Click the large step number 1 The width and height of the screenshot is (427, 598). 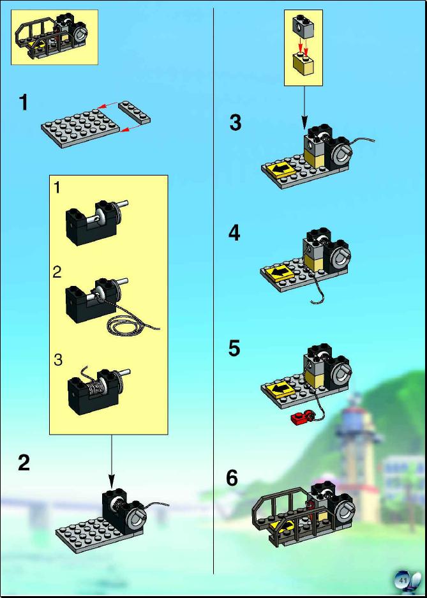[24, 103]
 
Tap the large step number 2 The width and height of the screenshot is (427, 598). [24, 463]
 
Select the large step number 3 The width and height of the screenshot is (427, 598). [236, 123]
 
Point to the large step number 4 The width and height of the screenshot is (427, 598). [234, 234]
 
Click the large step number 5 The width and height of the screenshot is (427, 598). [234, 348]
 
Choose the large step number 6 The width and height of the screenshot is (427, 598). [232, 478]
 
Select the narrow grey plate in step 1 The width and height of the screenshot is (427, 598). [134, 112]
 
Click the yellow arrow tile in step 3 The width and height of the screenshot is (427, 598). [281, 169]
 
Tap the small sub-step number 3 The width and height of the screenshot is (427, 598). [58, 360]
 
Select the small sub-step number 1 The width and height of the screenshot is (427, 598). [57, 188]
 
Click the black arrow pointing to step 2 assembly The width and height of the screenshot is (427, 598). [111, 461]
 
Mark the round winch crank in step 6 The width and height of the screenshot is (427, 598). [346, 507]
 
